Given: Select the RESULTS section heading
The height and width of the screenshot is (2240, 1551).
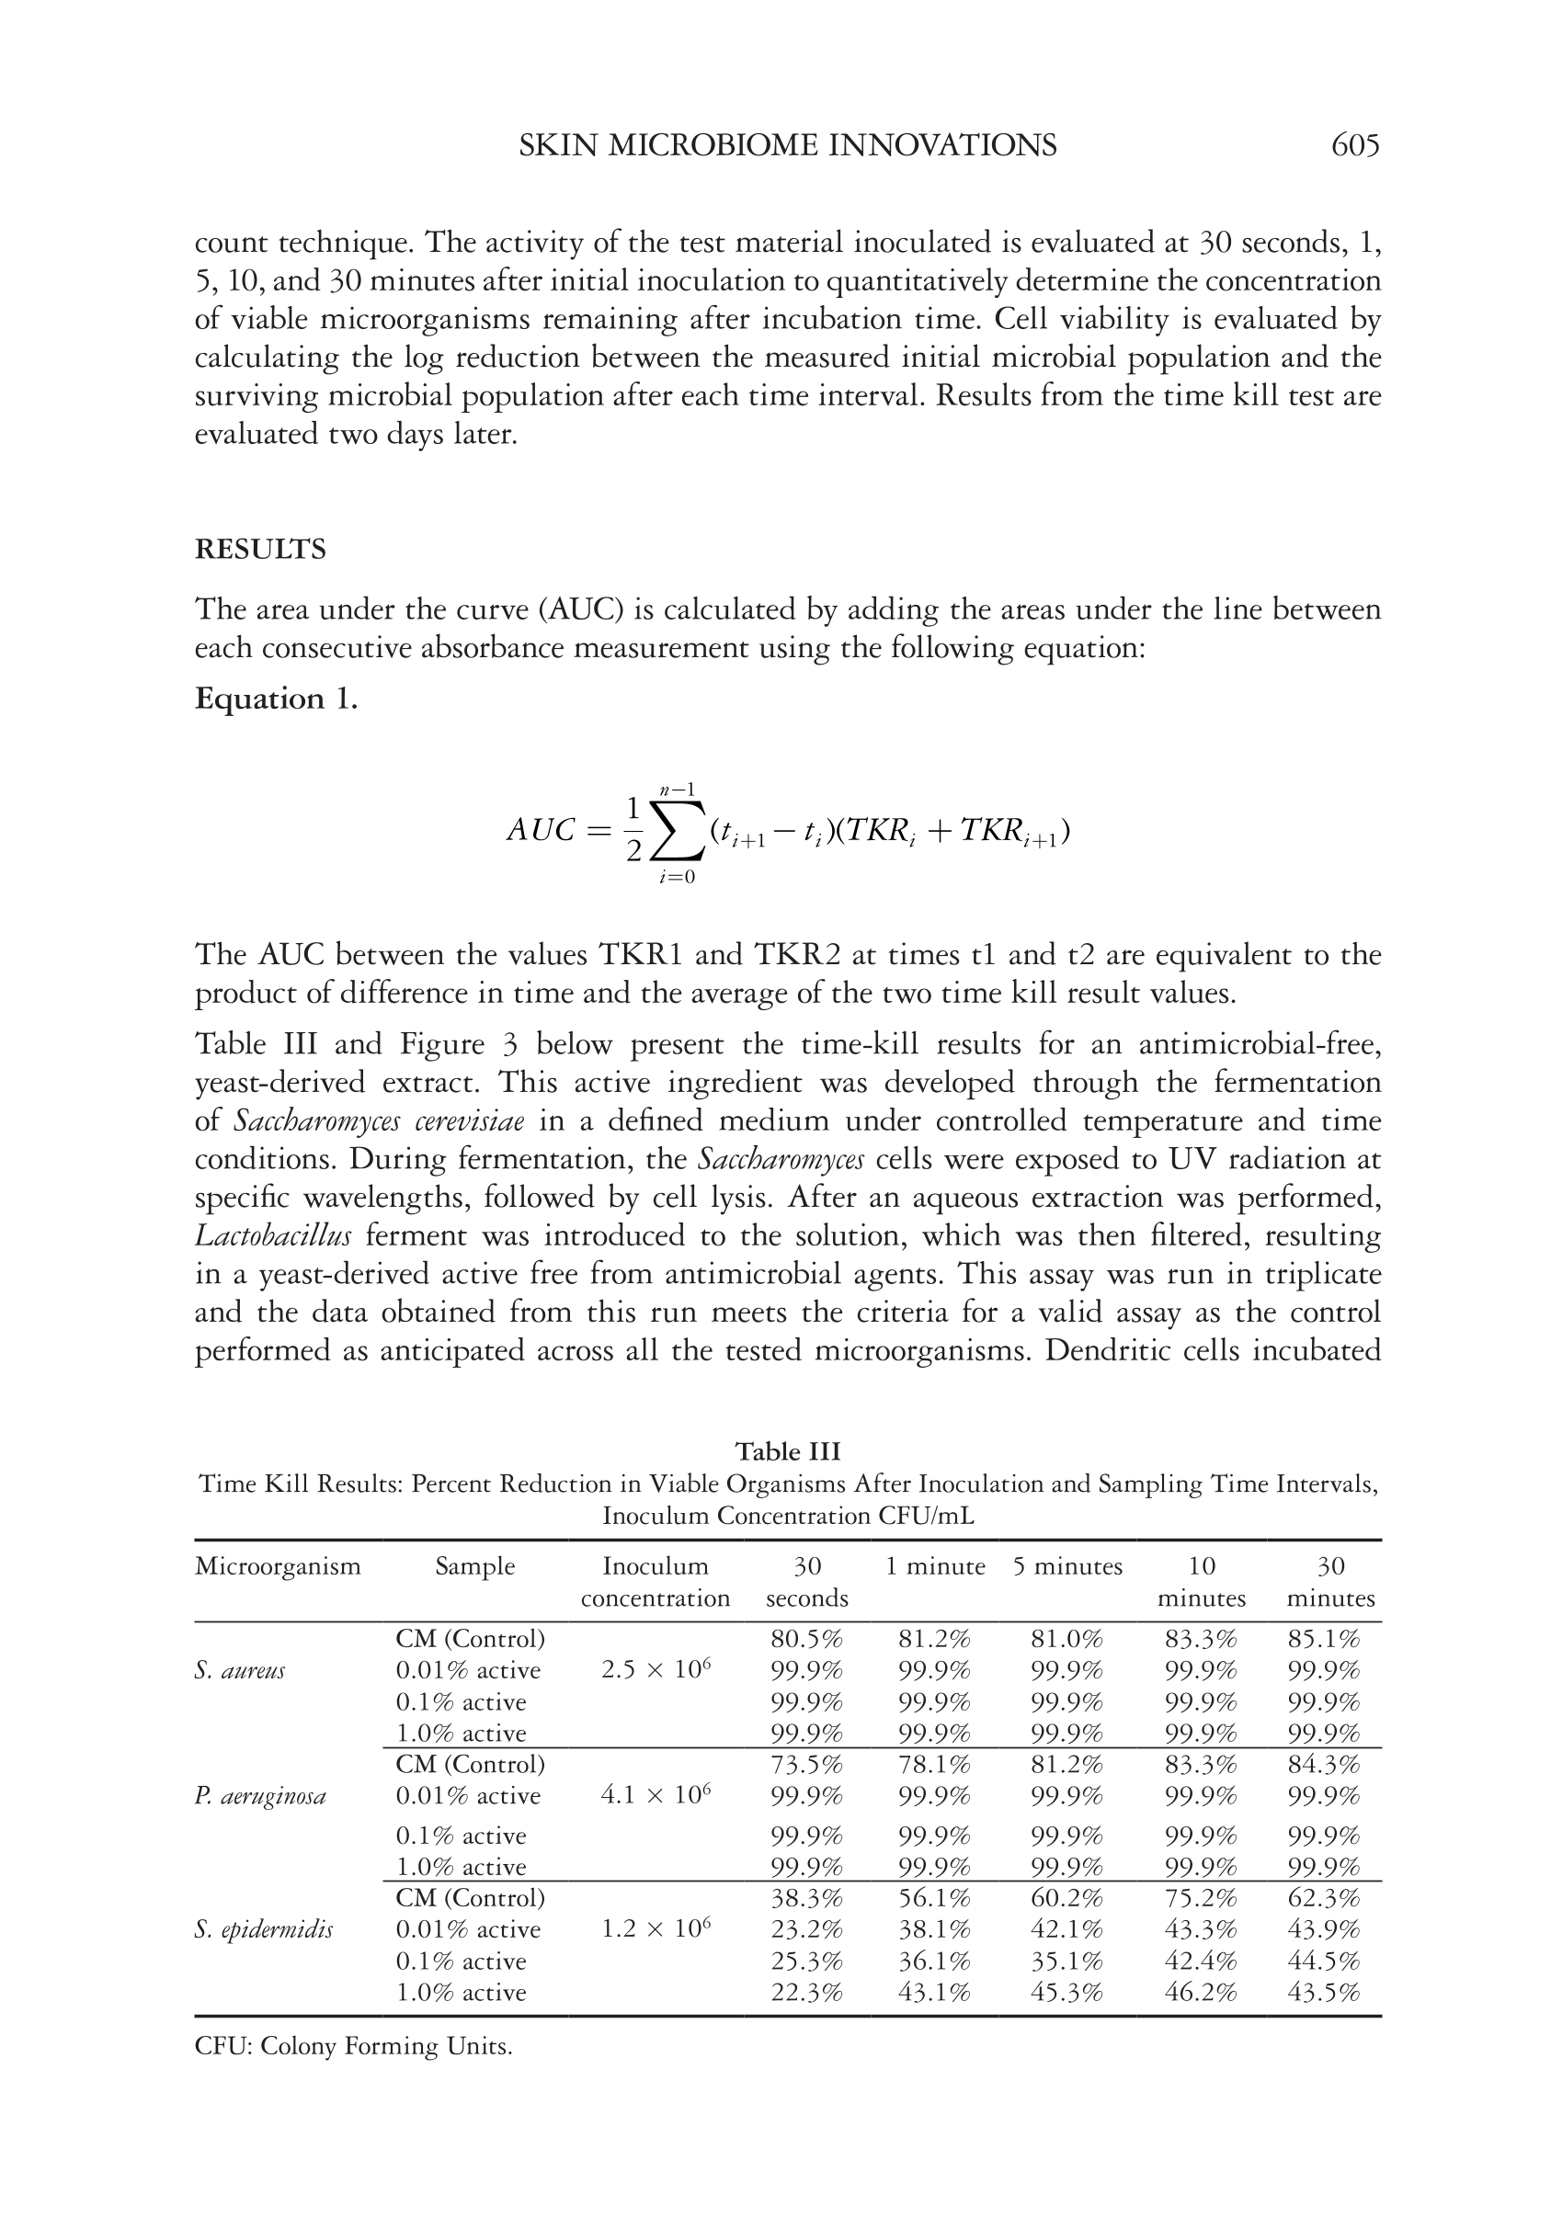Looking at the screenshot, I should point(260,550).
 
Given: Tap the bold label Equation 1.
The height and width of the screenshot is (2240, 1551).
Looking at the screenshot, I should point(276,699).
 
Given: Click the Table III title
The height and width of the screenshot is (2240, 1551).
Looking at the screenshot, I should point(787,1451).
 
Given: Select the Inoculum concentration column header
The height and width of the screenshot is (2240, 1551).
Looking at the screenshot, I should point(655,1583).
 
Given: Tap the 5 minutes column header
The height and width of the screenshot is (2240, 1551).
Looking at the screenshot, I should point(1067,1567).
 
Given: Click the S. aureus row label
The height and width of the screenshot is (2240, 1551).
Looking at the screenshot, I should point(240,1671).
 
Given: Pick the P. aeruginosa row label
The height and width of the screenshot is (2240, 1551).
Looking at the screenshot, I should point(259,1797).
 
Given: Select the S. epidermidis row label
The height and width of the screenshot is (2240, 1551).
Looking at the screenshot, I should point(263,1930).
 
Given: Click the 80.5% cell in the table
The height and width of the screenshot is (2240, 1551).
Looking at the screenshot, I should point(806,1640).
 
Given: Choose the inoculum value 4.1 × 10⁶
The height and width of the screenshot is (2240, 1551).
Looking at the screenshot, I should point(656,1795).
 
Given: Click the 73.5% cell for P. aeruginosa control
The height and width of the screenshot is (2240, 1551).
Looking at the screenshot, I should point(806,1764).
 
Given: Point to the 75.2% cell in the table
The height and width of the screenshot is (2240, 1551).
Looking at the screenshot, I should point(1201,1898).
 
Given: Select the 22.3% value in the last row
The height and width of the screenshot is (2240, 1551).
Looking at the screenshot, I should point(806,1993).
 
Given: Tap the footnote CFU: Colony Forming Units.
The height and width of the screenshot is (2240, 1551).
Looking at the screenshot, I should point(353,2047).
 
